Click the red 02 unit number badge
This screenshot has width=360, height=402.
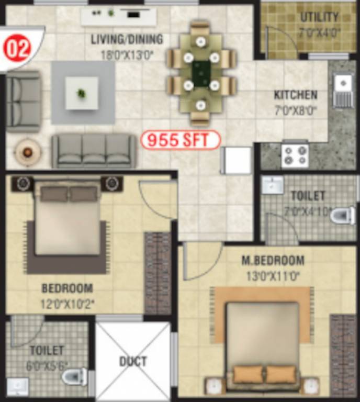18,49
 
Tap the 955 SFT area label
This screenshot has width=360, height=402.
180,140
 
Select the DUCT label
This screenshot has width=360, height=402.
133,361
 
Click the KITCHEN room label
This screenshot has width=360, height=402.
296,95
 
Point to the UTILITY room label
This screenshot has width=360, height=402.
319,17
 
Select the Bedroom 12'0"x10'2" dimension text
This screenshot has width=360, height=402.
66,304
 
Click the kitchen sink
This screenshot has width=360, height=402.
343,84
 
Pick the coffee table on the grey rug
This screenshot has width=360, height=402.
82,93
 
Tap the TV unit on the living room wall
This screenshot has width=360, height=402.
119,16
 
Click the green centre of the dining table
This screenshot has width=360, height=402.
201,73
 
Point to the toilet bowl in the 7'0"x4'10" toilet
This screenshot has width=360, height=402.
343,215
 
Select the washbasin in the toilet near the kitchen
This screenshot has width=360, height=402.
272,185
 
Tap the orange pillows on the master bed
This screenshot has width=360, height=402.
263,374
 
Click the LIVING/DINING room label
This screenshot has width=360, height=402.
127,39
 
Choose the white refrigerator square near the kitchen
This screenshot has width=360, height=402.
236,160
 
